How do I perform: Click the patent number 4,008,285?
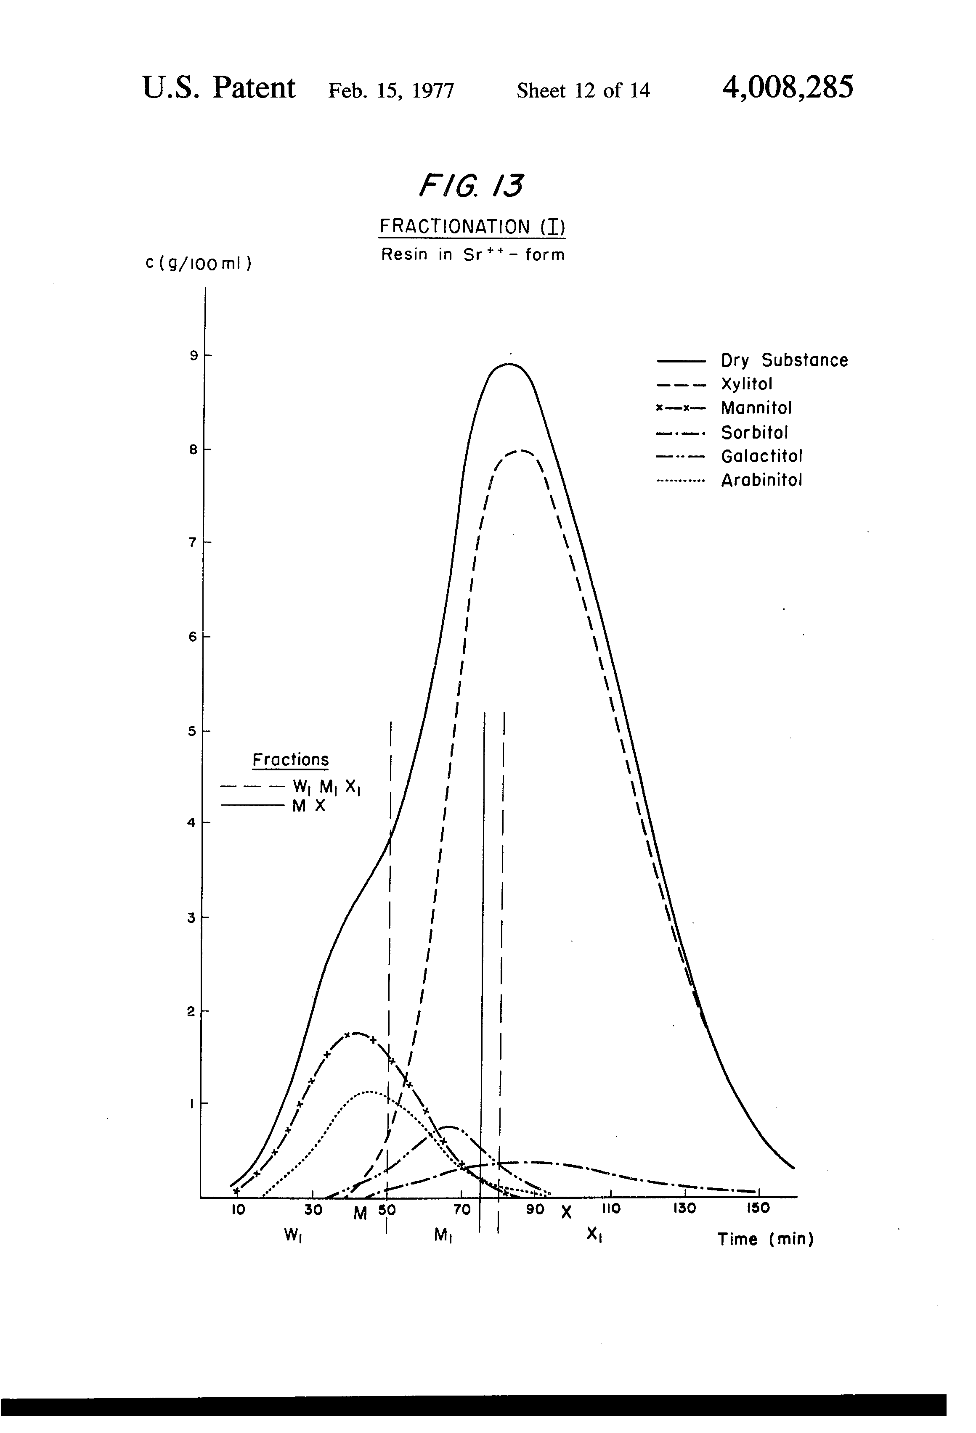coord(788,87)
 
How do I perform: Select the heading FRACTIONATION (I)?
coord(472,227)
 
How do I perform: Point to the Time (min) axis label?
coord(765,1239)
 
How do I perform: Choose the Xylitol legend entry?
coord(746,384)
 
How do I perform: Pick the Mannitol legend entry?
coord(756,407)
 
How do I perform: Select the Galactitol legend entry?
coord(761,456)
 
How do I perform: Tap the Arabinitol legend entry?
coord(761,480)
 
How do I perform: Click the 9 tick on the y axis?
coord(193,355)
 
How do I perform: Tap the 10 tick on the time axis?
coord(238,1209)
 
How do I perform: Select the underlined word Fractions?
coord(291,760)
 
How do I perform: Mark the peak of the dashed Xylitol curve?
coord(521,451)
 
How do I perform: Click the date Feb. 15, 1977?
coord(391,91)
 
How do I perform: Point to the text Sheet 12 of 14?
coord(583,91)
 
